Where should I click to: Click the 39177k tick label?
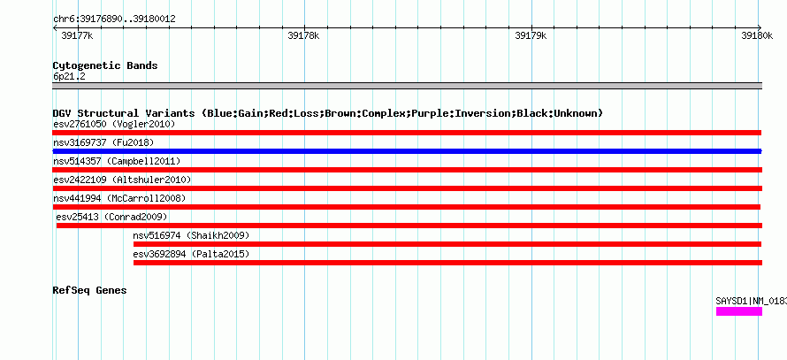(x=77, y=35)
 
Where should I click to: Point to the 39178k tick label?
(x=303, y=35)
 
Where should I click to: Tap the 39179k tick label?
(x=531, y=35)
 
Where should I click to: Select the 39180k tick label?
(x=757, y=35)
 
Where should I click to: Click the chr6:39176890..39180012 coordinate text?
(x=114, y=19)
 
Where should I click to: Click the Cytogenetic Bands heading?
(x=105, y=65)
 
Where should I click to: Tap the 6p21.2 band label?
(x=69, y=76)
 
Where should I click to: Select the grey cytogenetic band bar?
(x=407, y=85)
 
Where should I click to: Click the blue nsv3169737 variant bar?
(x=407, y=151)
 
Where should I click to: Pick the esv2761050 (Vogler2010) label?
(x=114, y=124)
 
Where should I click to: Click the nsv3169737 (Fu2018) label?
(x=103, y=142)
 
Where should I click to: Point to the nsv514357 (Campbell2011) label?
(x=117, y=161)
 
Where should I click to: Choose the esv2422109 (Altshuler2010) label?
(x=122, y=180)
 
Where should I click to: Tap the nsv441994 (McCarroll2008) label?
(x=119, y=198)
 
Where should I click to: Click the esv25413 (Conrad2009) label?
(x=111, y=217)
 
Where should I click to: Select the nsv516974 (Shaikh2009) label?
(x=191, y=235)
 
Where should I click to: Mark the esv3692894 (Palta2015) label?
(x=191, y=254)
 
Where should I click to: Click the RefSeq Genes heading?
(x=89, y=290)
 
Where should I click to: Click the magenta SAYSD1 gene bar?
(x=739, y=311)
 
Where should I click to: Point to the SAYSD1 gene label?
(x=752, y=302)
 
